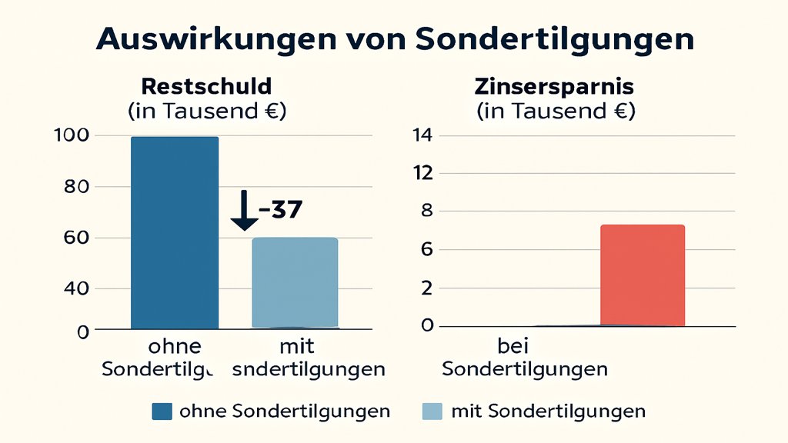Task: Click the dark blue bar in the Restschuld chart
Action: click(x=175, y=232)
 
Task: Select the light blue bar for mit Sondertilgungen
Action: click(x=295, y=282)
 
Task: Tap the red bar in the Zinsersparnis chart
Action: click(x=642, y=275)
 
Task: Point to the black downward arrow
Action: click(x=245, y=210)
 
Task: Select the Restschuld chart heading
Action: click(x=207, y=85)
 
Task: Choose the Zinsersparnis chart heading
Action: click(x=556, y=85)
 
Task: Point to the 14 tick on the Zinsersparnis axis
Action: click(x=423, y=136)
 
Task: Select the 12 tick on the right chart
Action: click(x=423, y=174)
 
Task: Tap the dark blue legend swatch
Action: click(x=162, y=411)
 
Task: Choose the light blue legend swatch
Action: click(x=433, y=411)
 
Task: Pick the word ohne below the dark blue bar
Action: click(x=175, y=347)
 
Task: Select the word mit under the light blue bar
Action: click(x=295, y=347)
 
